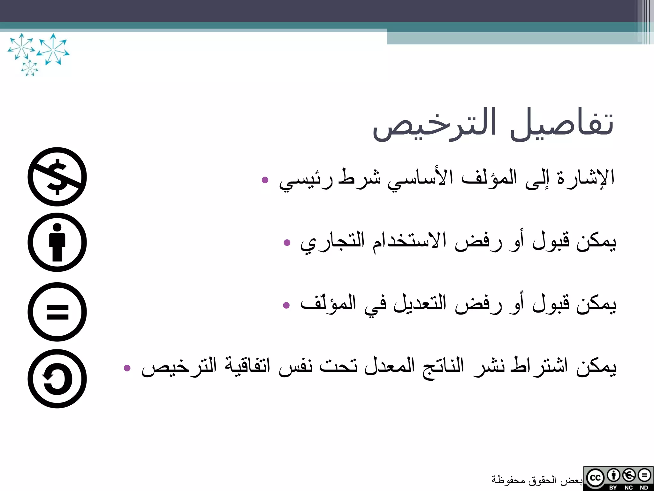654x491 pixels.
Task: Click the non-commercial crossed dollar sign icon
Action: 57,177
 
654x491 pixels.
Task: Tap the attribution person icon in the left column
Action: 57,242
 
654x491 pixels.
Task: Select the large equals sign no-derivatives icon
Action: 57,312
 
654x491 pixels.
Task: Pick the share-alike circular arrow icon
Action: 57,378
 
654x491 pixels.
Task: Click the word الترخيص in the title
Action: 434,125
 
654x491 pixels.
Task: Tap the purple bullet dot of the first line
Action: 265,180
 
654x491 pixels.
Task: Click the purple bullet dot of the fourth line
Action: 127,368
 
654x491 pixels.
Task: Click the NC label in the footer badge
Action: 628,487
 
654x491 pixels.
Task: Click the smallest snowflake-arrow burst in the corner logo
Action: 30,68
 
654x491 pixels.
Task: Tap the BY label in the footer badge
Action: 613,487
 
